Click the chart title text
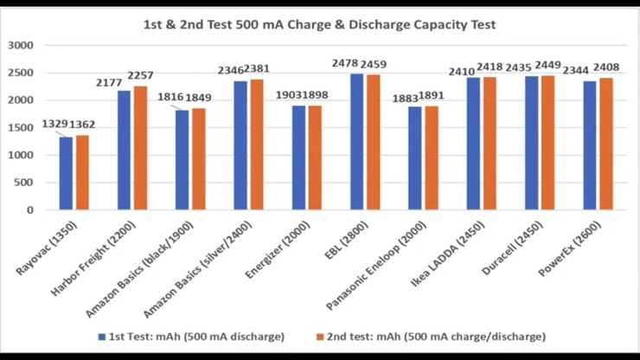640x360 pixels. [x=319, y=24]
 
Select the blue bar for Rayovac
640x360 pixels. [x=66, y=173]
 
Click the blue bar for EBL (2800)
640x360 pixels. [x=356, y=142]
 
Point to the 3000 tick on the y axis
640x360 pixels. [x=19, y=45]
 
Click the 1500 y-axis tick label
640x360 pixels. [x=19, y=127]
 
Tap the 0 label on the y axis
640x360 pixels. [x=29, y=210]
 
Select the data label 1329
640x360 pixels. [x=55, y=125]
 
